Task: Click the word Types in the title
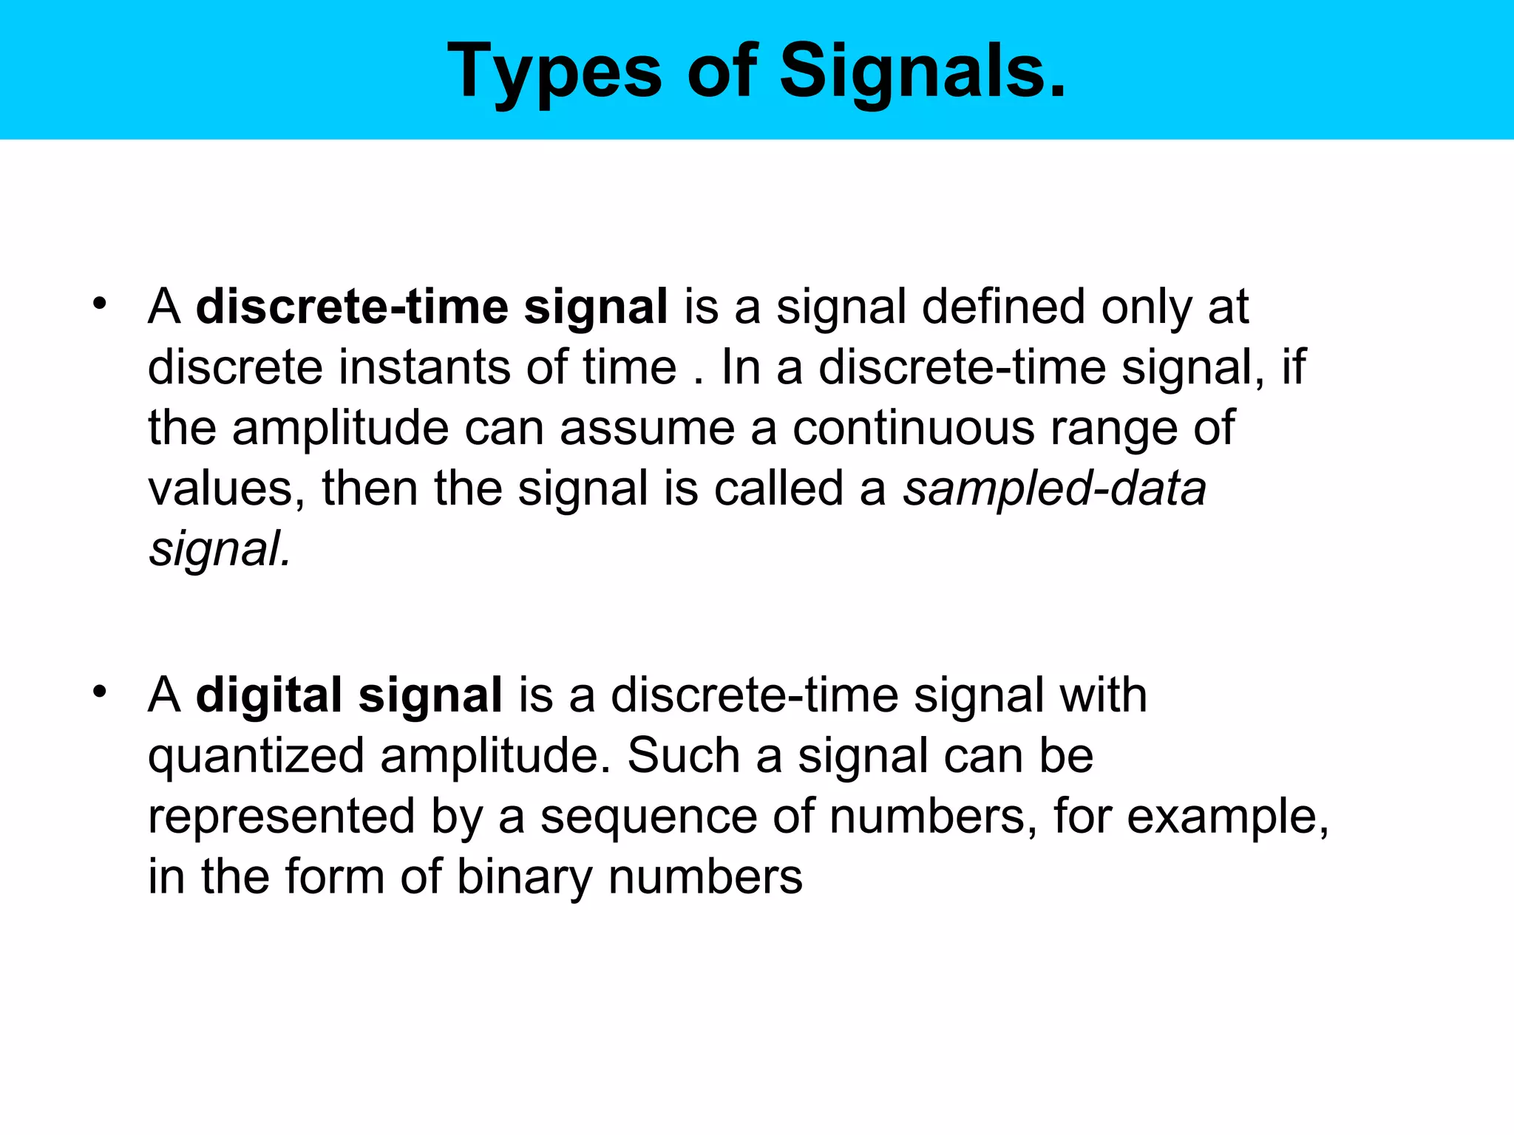[x=554, y=72]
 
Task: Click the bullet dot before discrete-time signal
[x=100, y=304]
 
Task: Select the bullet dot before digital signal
[x=100, y=692]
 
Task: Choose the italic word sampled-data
[x=1054, y=488]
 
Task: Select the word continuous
[x=913, y=428]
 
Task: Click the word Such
[x=684, y=755]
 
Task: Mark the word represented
[x=281, y=817]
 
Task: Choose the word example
[x=1227, y=817]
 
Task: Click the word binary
[x=524, y=877]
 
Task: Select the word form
[x=335, y=877]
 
